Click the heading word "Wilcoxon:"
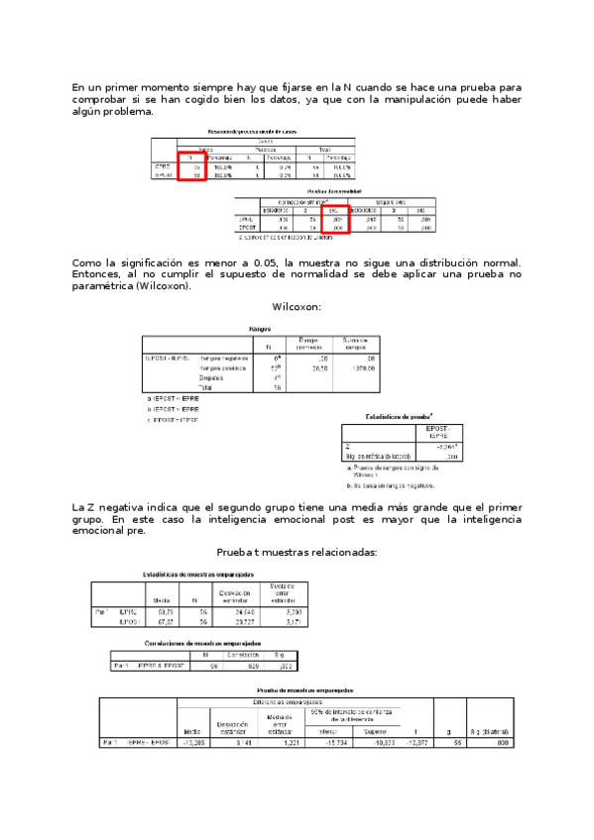click(297, 307)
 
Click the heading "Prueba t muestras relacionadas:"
click(297, 552)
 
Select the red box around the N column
click(191, 164)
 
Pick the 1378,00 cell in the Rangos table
click(354, 367)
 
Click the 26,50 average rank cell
click(319, 367)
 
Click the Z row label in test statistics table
click(349, 447)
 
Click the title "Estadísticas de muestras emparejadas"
click(198, 575)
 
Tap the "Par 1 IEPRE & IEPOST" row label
click(149, 666)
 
